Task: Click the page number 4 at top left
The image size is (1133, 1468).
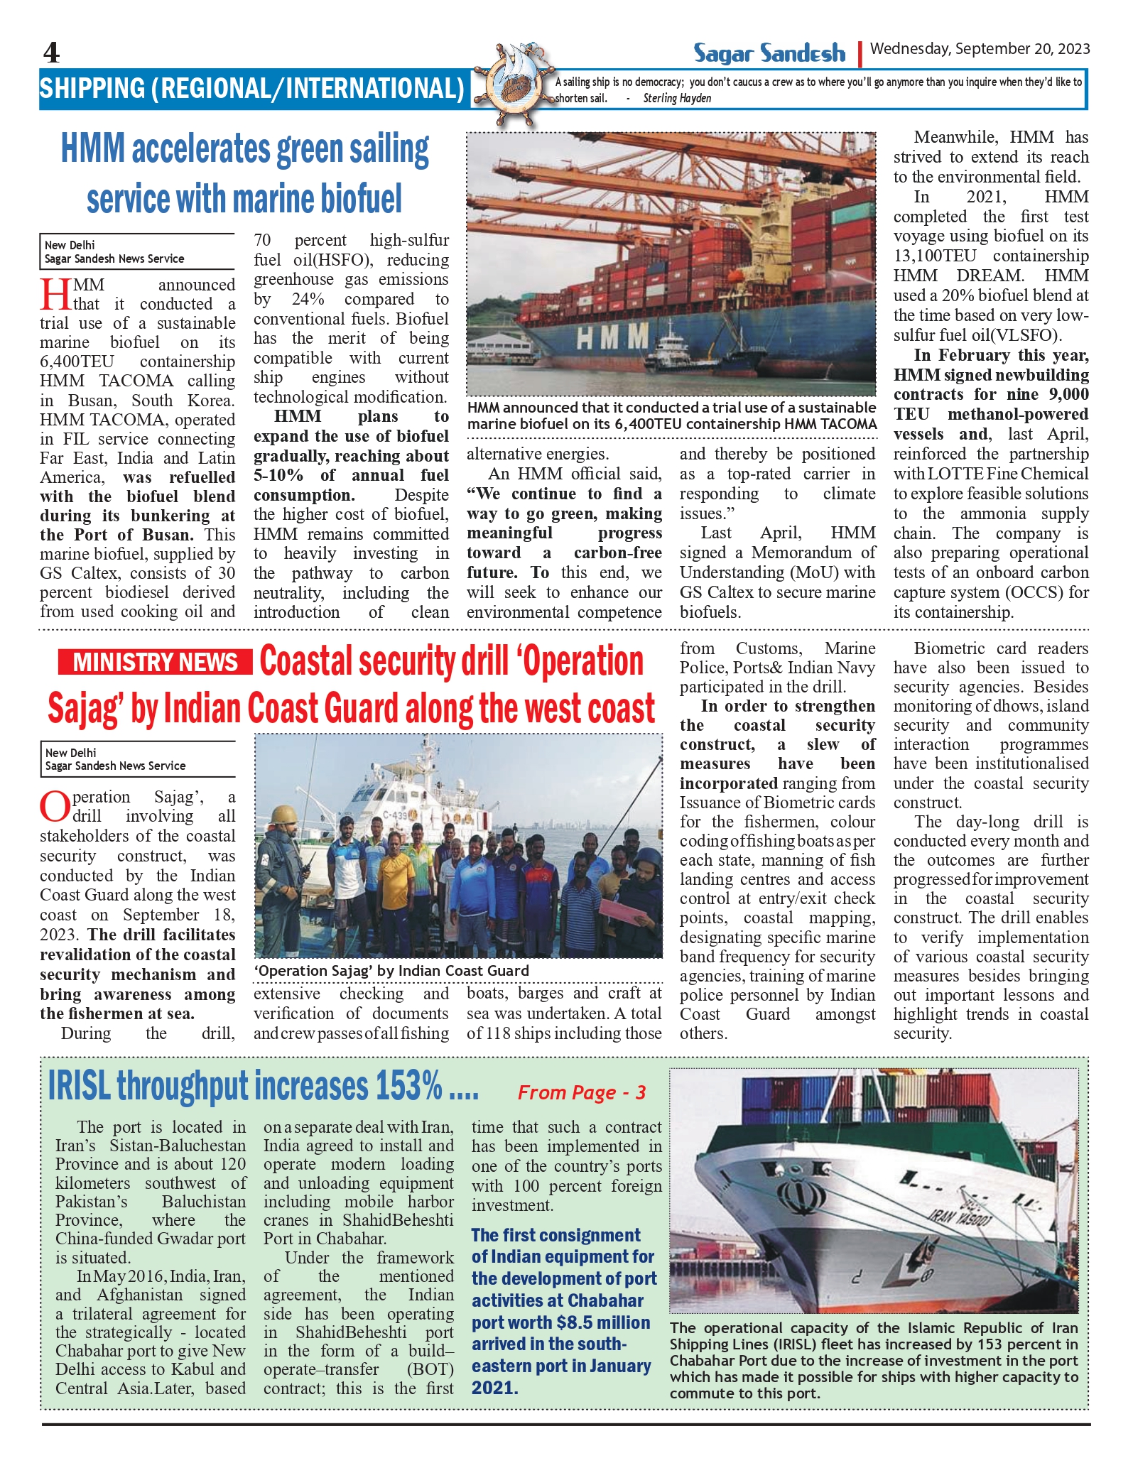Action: point(51,53)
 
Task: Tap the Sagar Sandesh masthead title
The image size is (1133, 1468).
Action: point(769,53)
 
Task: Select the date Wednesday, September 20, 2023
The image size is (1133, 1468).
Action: point(980,49)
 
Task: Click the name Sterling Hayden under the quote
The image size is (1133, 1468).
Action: point(677,99)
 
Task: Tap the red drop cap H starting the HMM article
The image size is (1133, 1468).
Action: point(55,293)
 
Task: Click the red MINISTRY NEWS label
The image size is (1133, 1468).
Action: point(155,662)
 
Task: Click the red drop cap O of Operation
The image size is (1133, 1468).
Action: point(55,805)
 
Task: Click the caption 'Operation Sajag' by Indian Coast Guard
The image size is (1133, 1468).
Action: point(391,971)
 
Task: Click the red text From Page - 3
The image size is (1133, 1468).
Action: point(581,1092)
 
